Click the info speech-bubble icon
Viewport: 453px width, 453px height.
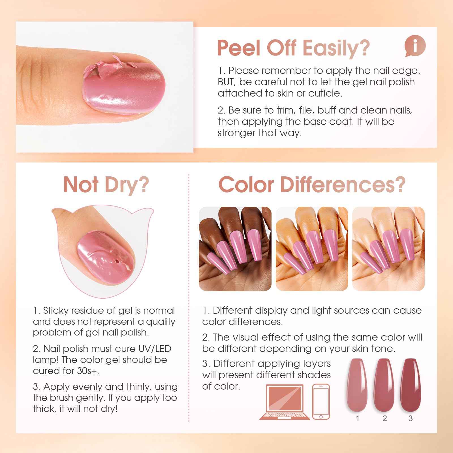coord(415,46)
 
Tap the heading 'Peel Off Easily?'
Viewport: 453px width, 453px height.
coord(294,48)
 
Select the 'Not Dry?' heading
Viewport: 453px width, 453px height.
coord(106,185)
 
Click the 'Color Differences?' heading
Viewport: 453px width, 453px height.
coord(312,185)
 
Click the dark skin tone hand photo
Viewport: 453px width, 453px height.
coord(235,249)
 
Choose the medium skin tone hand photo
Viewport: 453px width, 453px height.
coord(312,249)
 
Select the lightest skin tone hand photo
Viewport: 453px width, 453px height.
coord(388,249)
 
